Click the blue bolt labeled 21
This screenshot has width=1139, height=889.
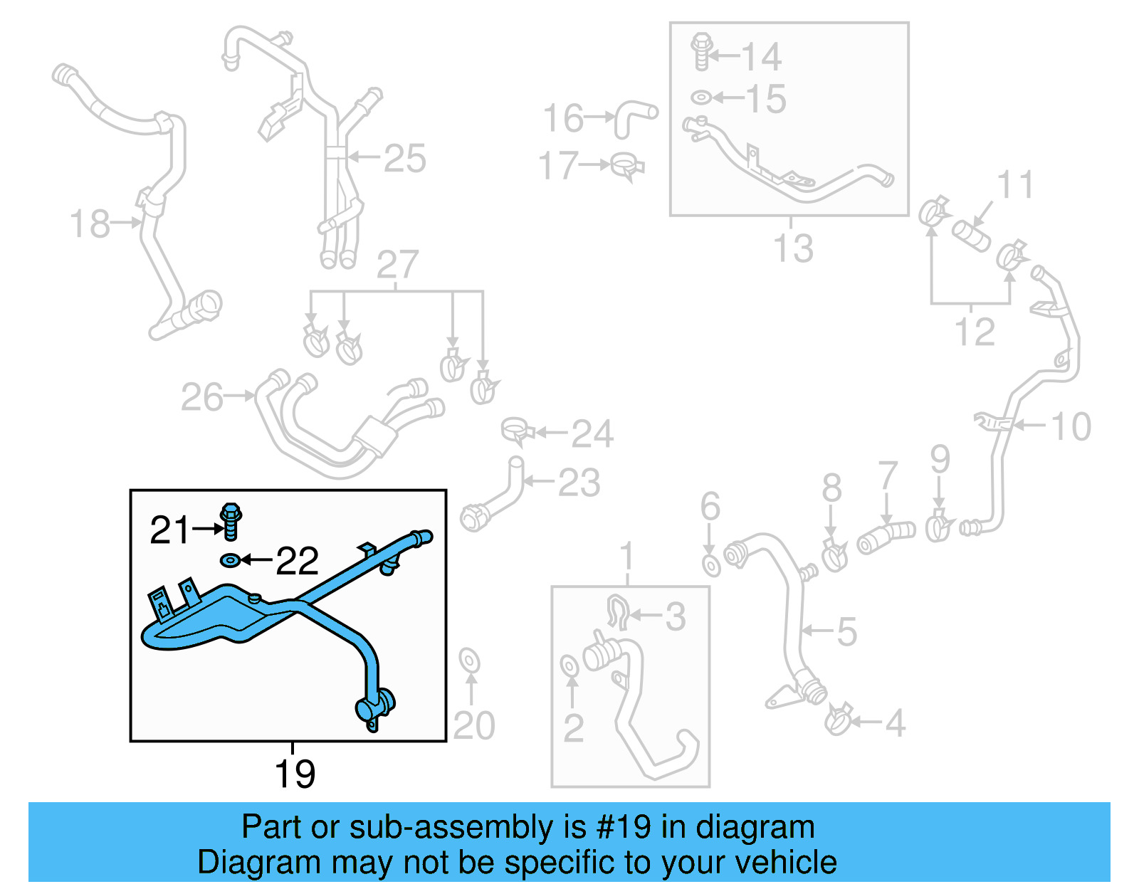click(x=231, y=522)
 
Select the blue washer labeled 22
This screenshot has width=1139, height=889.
click(x=229, y=561)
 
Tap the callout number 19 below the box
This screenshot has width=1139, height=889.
click(x=295, y=774)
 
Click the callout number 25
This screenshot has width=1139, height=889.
click(x=404, y=159)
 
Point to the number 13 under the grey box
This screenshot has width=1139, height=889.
click(x=793, y=248)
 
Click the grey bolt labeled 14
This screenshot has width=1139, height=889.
click(x=701, y=51)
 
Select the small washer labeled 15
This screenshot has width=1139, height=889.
click(x=700, y=97)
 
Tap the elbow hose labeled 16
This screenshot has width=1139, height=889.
click(x=633, y=116)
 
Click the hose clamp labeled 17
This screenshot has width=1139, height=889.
click(x=628, y=167)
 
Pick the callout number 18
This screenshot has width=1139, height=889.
click(x=90, y=223)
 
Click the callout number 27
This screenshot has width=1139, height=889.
click(x=397, y=265)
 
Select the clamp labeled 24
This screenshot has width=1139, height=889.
click(x=517, y=431)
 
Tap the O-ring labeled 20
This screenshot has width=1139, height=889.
click(x=469, y=661)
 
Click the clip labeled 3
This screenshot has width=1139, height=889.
click(x=618, y=613)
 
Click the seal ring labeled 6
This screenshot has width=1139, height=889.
click(x=711, y=566)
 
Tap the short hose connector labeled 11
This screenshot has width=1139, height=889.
click(x=972, y=236)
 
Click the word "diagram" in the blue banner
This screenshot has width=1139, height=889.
click(x=755, y=827)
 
